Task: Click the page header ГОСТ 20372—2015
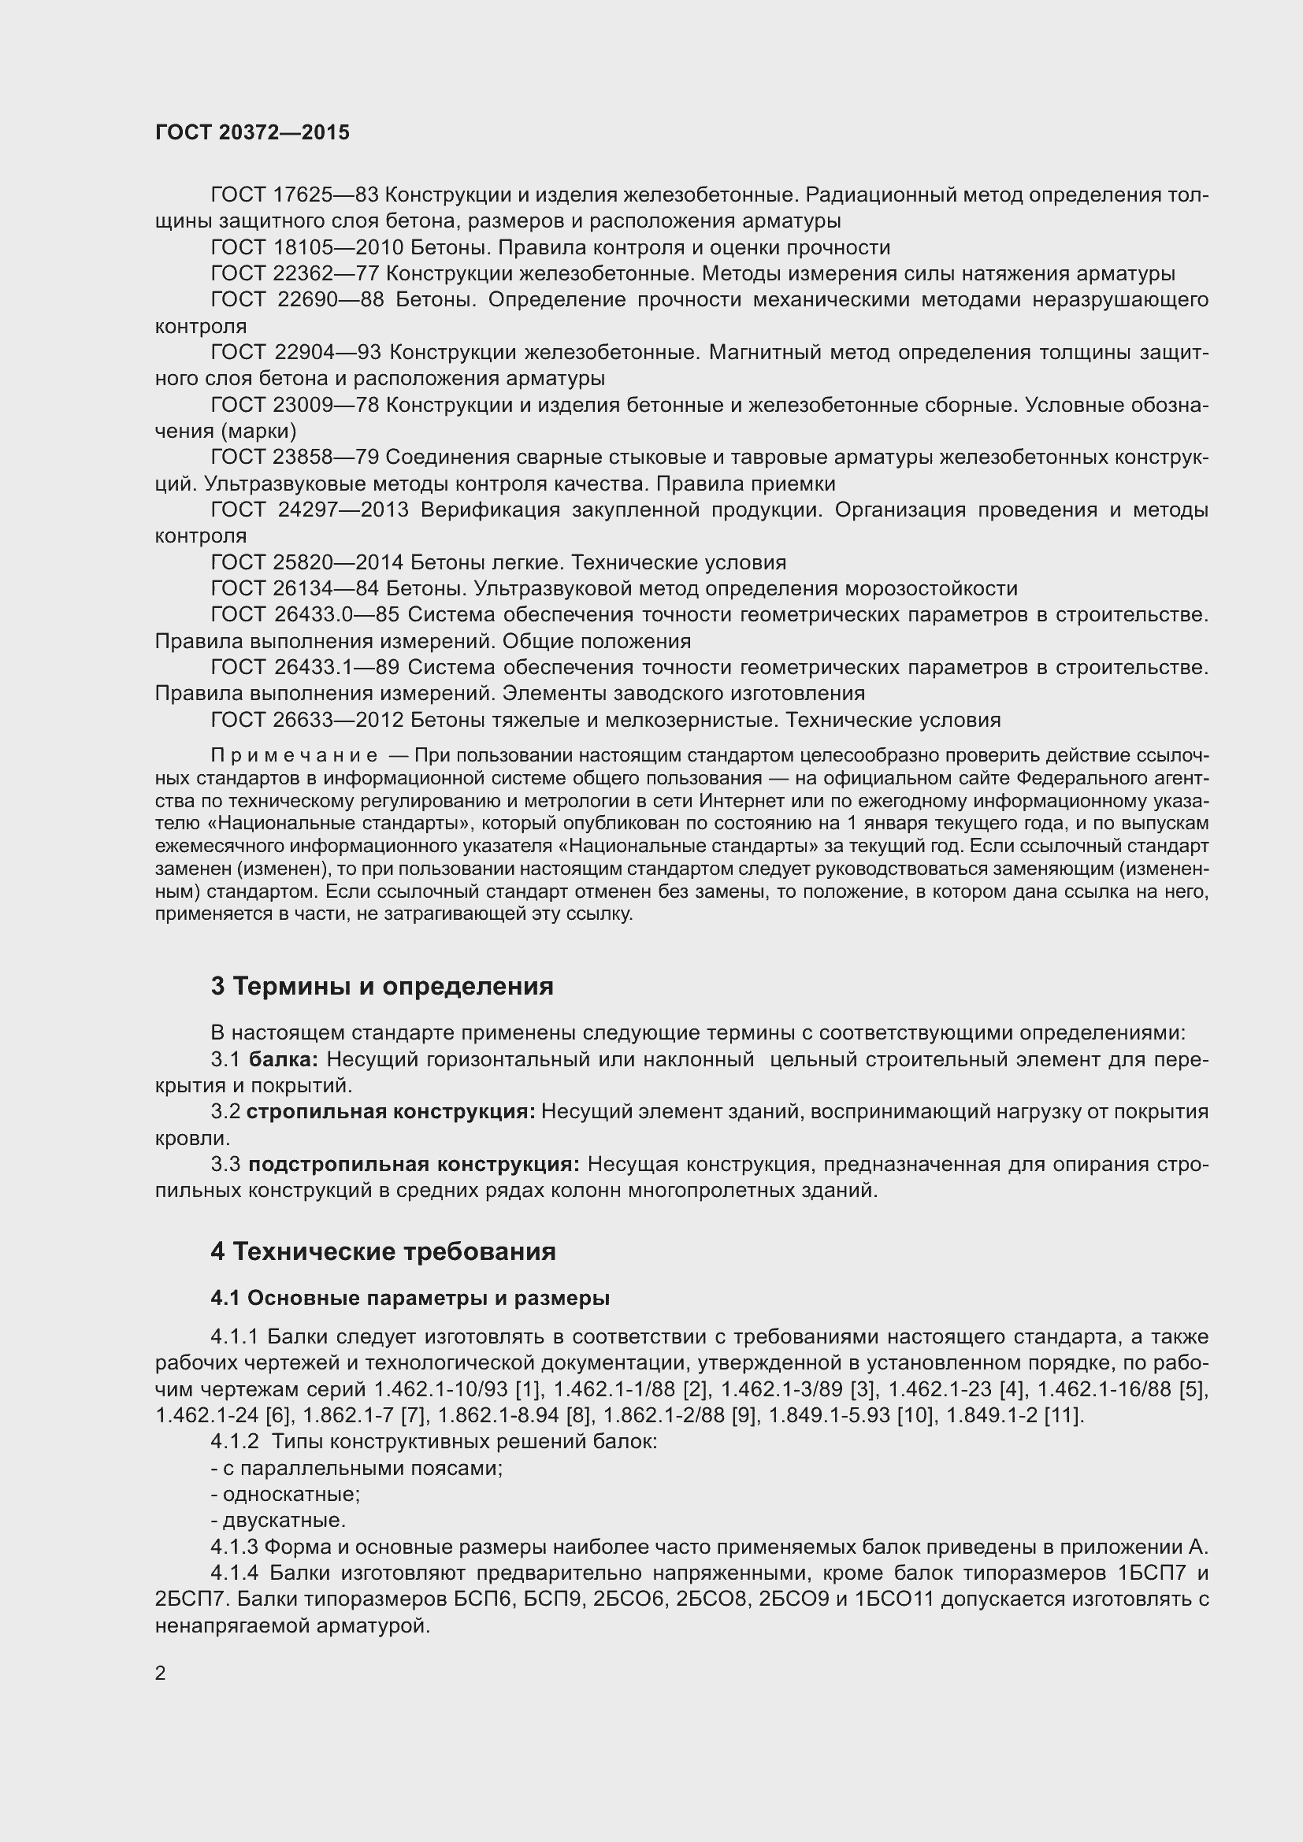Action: click(252, 132)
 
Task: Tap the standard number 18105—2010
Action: click(337, 248)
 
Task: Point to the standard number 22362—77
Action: click(326, 274)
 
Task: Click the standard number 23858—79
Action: click(326, 458)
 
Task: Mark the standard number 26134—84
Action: click(326, 589)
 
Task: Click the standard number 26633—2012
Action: click(337, 721)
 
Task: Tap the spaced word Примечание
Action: click(294, 756)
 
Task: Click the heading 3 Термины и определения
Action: click(382, 987)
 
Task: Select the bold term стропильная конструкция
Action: click(391, 1112)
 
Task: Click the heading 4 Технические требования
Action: click(383, 1251)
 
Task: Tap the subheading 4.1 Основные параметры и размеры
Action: click(410, 1298)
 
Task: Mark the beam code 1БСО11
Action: click(894, 1599)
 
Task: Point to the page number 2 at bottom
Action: click(161, 1673)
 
